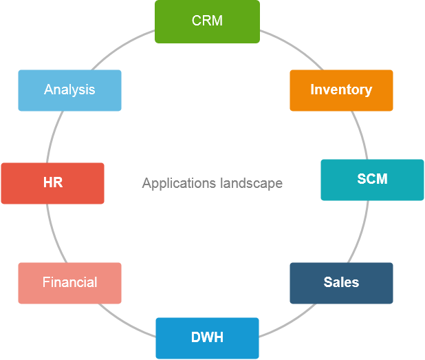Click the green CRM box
(x=207, y=21)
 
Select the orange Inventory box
(x=341, y=90)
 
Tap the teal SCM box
(x=372, y=180)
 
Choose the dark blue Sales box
(x=341, y=283)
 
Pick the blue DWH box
(x=207, y=338)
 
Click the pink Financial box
(x=69, y=283)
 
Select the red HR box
(x=52, y=183)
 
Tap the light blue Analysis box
(x=69, y=90)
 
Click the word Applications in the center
(x=179, y=183)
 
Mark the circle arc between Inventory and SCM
(x=360, y=135)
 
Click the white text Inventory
(x=341, y=89)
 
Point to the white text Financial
(x=69, y=282)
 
